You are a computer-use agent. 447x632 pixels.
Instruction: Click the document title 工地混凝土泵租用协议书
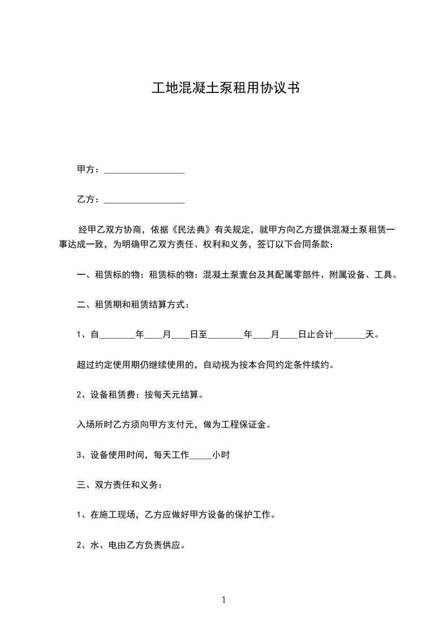[224, 88]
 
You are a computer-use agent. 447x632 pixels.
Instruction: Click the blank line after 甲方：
[145, 170]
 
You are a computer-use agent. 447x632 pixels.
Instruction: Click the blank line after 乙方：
[145, 199]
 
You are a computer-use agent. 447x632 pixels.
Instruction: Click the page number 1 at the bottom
[224, 600]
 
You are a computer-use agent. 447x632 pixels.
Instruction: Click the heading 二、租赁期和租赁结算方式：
[133, 305]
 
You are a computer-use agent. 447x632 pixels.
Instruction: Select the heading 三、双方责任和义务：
[120, 484]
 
